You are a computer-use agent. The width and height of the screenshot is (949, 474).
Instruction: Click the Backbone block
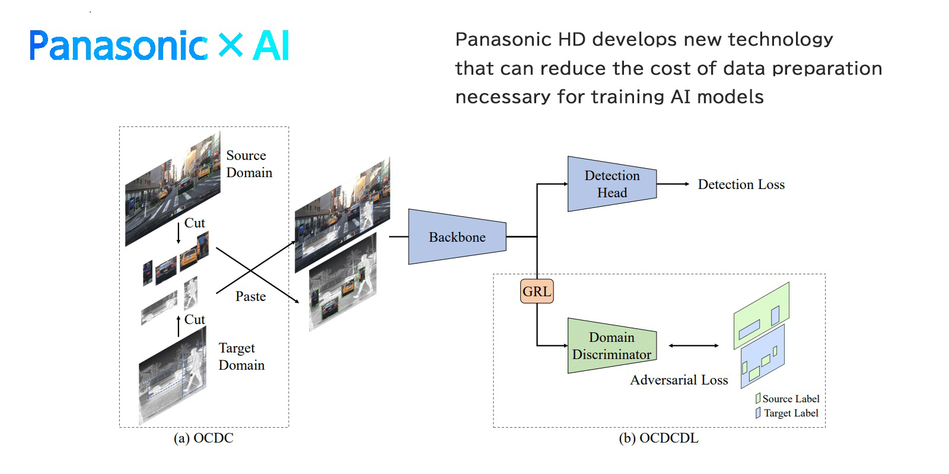tap(457, 237)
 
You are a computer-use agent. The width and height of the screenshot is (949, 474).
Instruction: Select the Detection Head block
tap(612, 184)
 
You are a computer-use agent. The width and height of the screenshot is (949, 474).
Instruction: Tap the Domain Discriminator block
tap(612, 346)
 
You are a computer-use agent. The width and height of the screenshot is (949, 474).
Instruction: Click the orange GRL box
tap(537, 292)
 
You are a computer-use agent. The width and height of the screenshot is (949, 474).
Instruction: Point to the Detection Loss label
tap(741, 184)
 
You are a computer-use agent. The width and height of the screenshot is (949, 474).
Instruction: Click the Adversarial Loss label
tap(679, 380)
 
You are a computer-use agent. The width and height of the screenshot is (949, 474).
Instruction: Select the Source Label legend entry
tap(788, 399)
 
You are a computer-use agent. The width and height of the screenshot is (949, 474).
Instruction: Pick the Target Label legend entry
tap(787, 413)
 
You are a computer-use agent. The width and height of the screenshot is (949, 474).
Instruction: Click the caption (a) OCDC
tap(203, 438)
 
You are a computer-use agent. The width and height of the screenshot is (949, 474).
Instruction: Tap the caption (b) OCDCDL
tap(658, 438)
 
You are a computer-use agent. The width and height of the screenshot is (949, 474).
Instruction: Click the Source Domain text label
tap(249, 164)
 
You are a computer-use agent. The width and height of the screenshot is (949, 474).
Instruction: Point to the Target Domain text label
tap(241, 356)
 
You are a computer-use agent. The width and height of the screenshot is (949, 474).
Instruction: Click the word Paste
tap(250, 296)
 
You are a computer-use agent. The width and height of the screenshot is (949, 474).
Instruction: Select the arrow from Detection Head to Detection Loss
tap(673, 184)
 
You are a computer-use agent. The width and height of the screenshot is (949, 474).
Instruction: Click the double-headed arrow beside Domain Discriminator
tap(693, 345)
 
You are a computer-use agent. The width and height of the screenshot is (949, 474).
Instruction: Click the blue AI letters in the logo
tap(271, 46)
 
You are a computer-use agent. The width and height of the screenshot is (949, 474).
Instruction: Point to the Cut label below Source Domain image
tap(195, 223)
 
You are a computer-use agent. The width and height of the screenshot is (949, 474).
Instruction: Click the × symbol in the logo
tap(230, 45)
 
